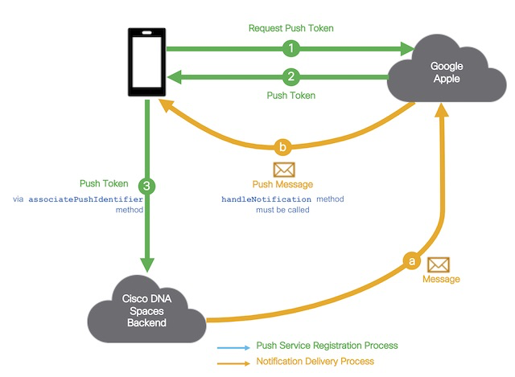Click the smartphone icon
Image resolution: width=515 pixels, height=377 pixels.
(x=146, y=63)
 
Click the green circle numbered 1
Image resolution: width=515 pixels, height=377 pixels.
(x=290, y=48)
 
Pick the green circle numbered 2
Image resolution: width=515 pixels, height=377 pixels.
(x=290, y=77)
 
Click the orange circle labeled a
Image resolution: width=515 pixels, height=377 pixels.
(x=411, y=261)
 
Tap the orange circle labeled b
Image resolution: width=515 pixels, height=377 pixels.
(x=282, y=147)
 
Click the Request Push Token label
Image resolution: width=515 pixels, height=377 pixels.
(x=290, y=28)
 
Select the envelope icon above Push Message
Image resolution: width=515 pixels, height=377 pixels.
(x=284, y=169)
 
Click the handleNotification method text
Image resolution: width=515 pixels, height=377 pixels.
(x=256, y=198)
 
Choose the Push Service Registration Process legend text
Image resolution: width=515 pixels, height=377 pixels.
(x=327, y=346)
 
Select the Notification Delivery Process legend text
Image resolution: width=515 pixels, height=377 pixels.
(x=315, y=362)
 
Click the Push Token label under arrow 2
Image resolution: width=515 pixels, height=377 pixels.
(x=290, y=95)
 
